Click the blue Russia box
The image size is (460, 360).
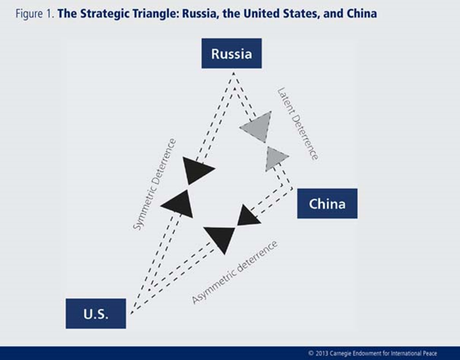coord(232,54)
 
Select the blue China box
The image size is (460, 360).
coord(327,203)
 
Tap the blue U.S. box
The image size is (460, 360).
coord(96,313)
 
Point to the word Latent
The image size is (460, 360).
coord(286,101)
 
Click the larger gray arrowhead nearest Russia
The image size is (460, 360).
coord(257,127)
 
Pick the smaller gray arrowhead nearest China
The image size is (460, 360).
coord(276,159)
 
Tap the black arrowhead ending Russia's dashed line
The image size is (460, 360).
coord(197,170)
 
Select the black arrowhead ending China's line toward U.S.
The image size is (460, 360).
coord(248,216)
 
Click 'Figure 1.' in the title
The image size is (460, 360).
coord(35,14)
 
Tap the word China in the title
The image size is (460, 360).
coord(361,14)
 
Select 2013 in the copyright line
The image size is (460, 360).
coord(322,353)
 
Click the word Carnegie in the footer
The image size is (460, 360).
coord(341,354)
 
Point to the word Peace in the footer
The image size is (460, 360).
coord(430,353)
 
